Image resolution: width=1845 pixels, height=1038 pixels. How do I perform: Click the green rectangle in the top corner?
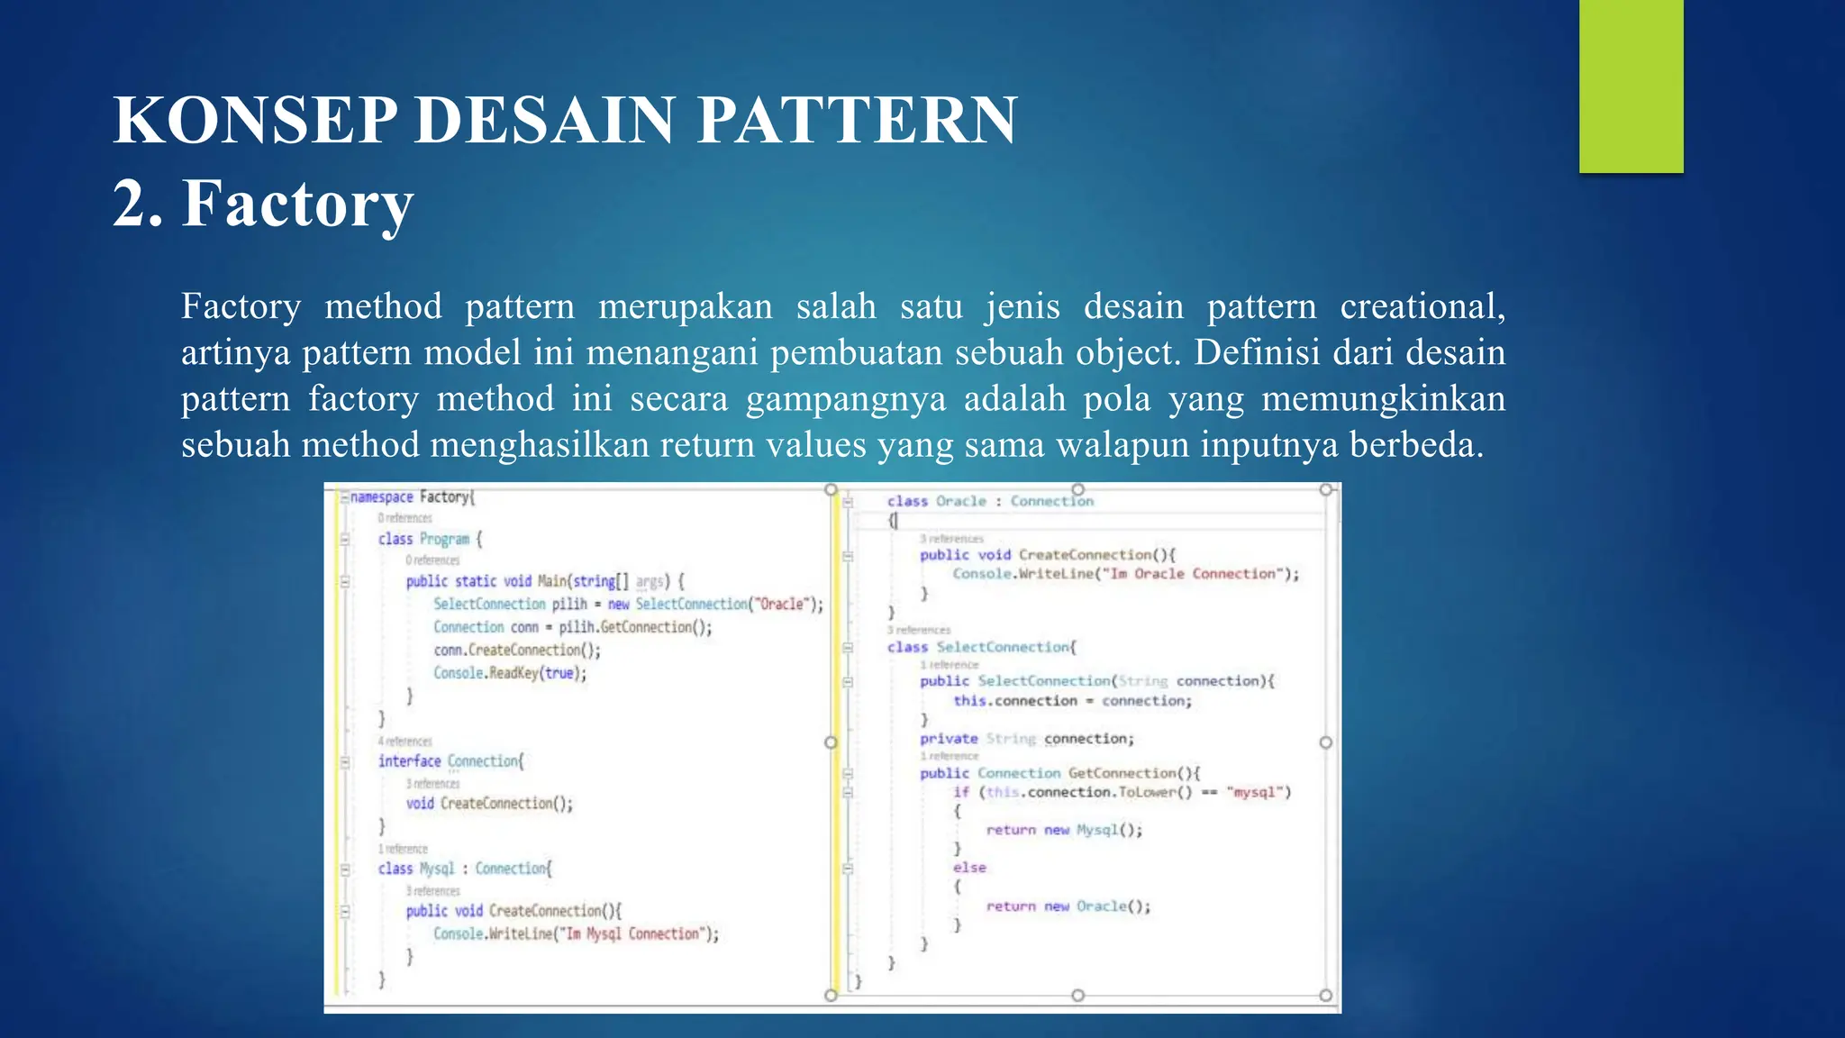tap(1631, 86)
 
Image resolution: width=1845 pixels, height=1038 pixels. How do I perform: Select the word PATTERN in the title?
tap(857, 120)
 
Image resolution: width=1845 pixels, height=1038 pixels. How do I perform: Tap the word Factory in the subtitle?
tap(297, 204)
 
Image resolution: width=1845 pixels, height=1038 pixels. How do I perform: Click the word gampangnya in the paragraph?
tap(845, 398)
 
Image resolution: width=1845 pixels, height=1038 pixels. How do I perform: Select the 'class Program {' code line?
tap(430, 539)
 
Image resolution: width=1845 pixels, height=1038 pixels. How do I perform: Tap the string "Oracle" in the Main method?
tap(784, 604)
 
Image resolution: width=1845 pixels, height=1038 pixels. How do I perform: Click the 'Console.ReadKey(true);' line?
tap(510, 673)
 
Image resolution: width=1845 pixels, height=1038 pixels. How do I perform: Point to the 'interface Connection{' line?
tap(450, 761)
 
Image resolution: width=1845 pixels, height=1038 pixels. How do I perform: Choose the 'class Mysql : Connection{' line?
tap(464, 869)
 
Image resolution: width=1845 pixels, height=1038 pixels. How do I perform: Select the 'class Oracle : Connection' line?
tap(990, 501)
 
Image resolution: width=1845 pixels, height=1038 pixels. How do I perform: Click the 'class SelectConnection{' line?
tap(981, 647)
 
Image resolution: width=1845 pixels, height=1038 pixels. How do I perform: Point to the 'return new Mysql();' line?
tap(1064, 830)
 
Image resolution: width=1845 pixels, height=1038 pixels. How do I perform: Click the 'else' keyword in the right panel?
tap(969, 868)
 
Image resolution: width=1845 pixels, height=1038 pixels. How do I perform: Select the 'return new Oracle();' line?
tap(1068, 906)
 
